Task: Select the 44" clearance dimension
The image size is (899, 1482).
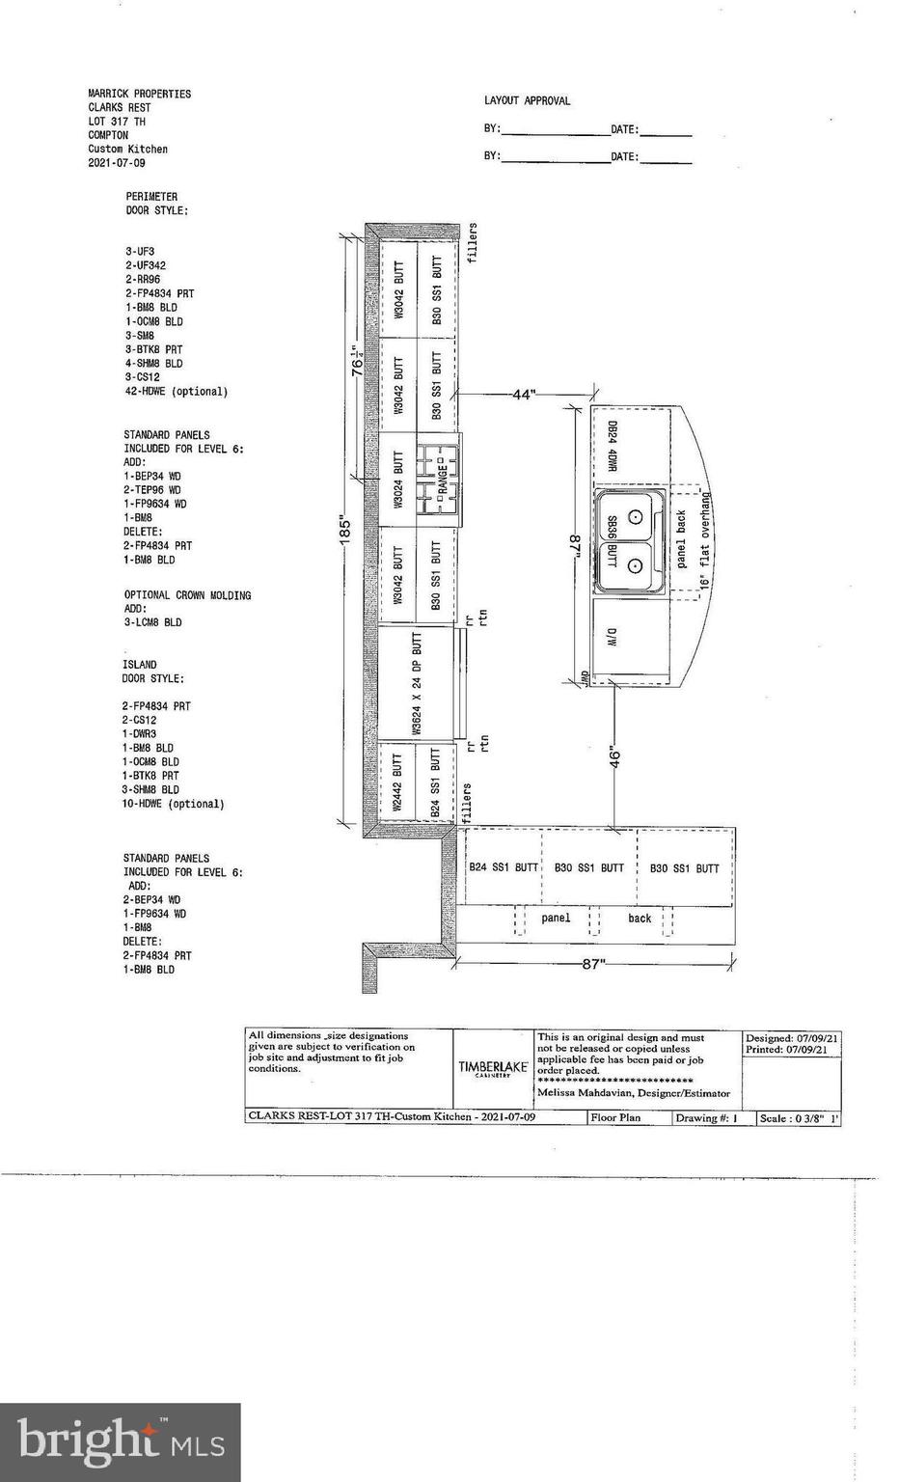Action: point(523,395)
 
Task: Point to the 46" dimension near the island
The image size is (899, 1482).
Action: point(615,757)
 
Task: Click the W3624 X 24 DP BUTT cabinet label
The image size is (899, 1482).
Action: point(418,684)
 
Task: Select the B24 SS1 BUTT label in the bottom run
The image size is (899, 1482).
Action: point(504,867)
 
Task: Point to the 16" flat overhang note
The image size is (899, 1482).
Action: point(705,540)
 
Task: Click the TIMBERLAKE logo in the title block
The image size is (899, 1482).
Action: point(493,1068)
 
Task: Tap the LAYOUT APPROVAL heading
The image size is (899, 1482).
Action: point(527,100)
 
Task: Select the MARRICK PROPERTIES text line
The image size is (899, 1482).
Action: point(139,94)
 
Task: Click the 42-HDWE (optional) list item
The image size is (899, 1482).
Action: point(176,392)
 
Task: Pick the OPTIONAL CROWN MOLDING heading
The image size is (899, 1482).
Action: point(187,595)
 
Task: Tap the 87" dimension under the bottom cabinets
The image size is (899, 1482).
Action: point(593,963)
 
